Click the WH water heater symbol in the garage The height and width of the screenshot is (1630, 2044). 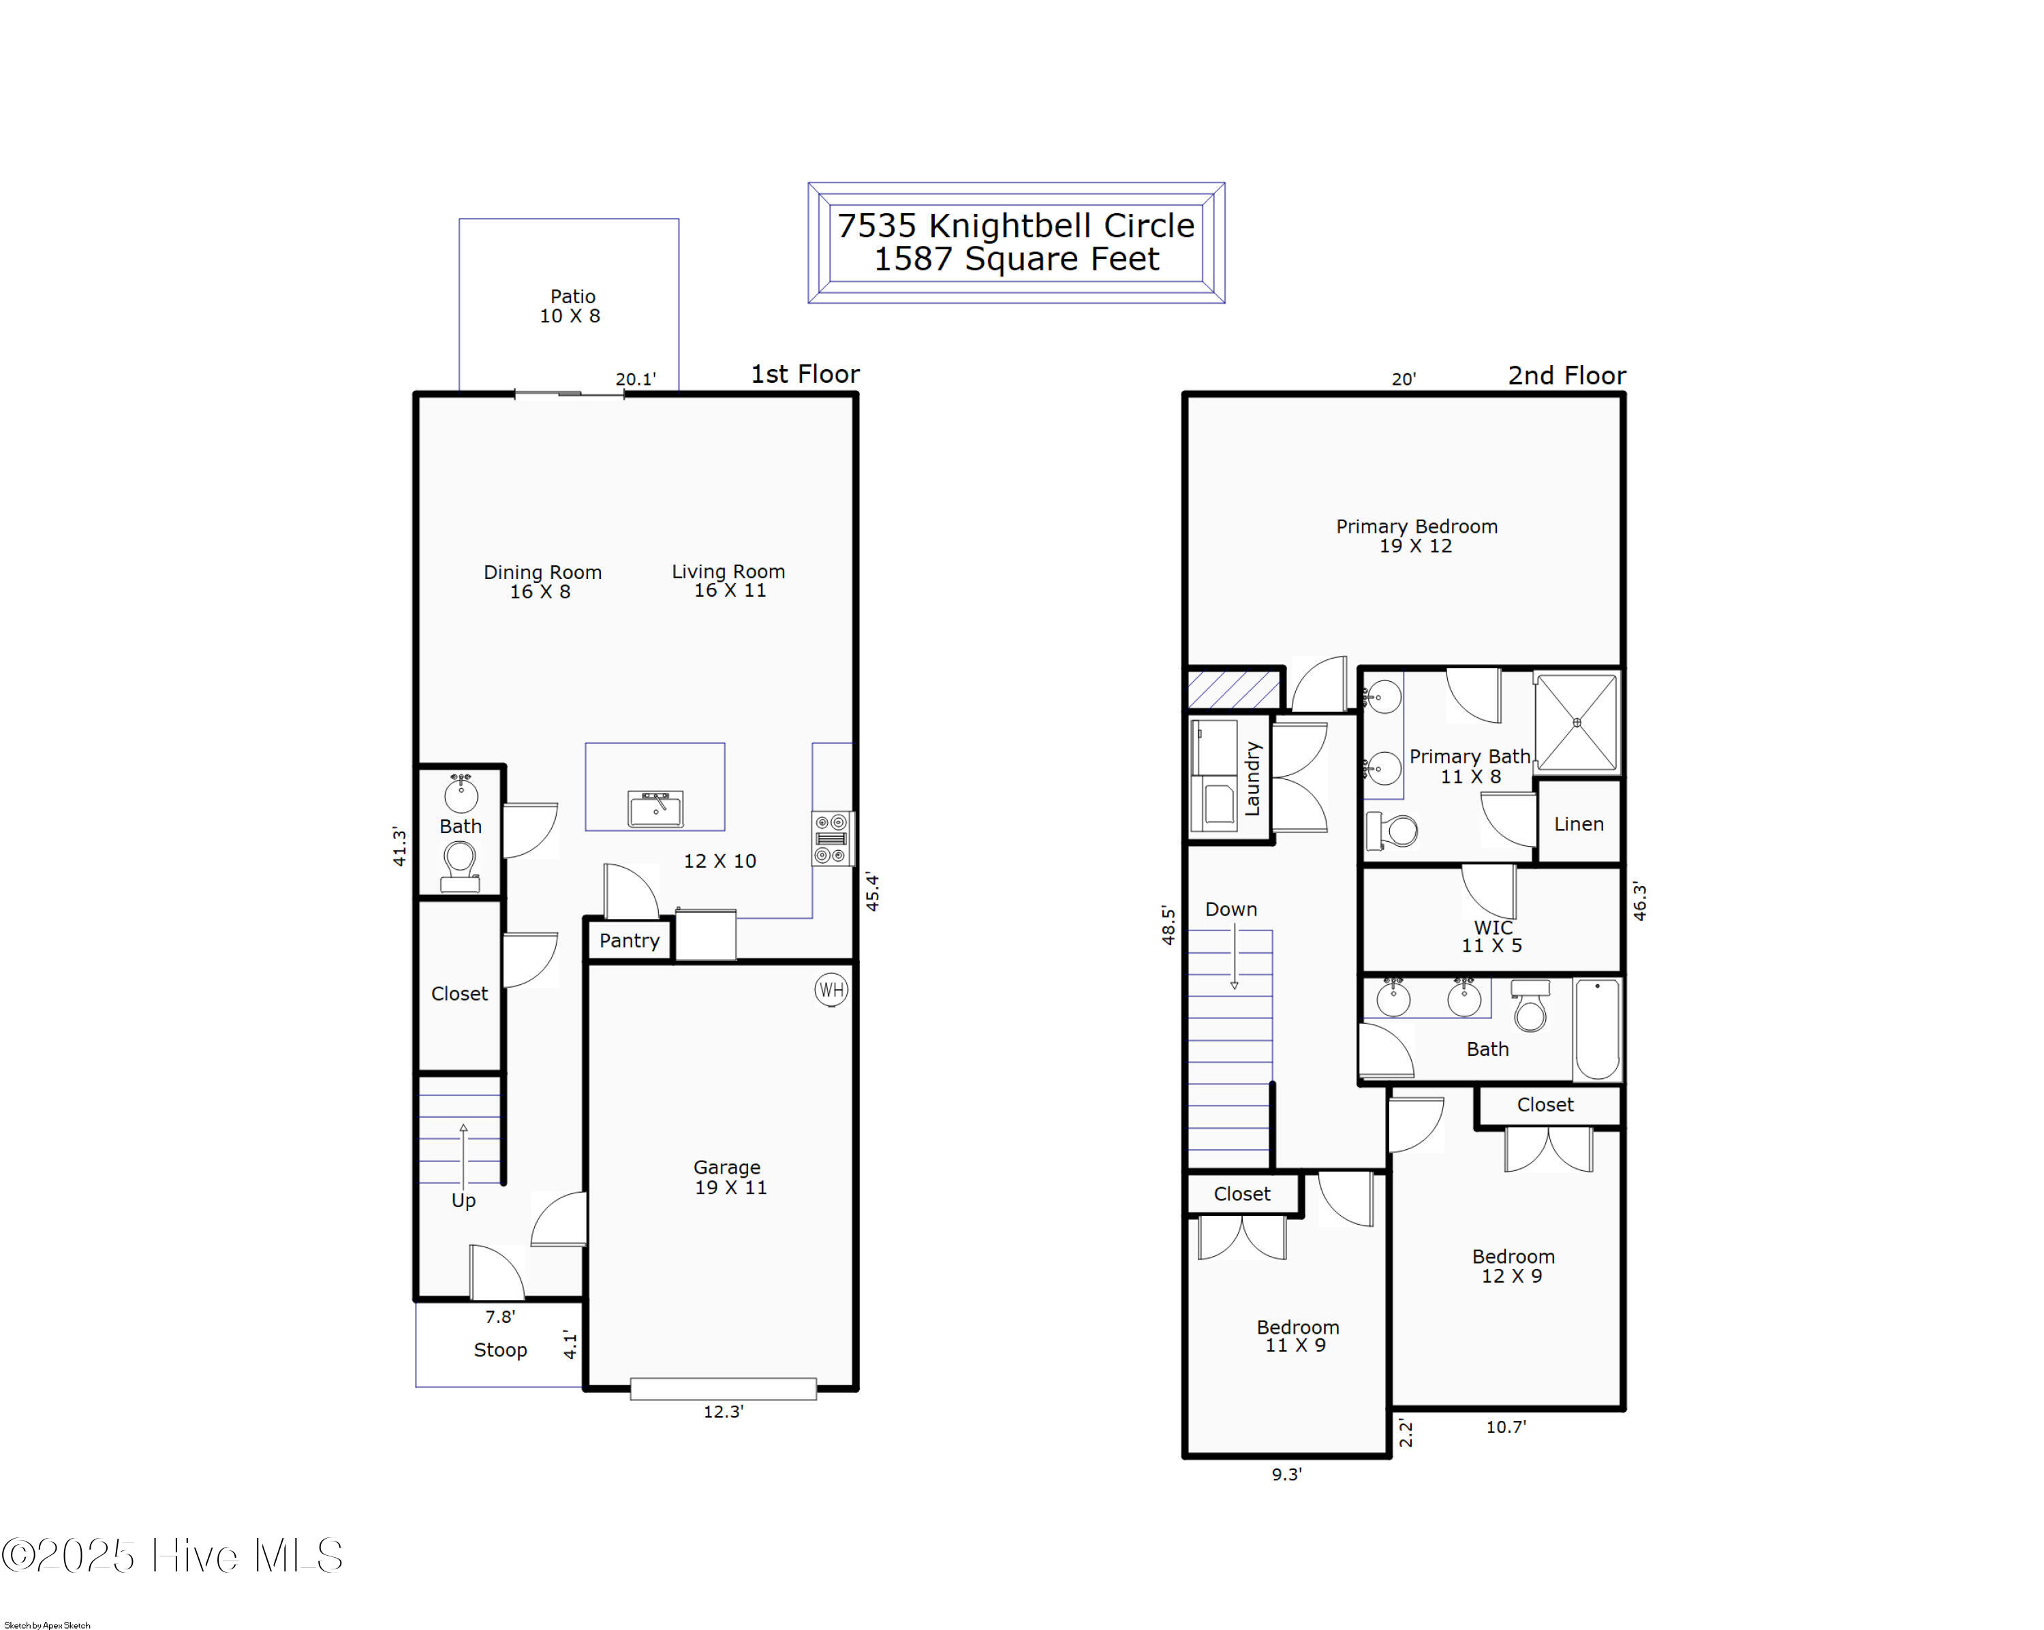click(831, 990)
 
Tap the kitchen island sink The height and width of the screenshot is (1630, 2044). click(655, 809)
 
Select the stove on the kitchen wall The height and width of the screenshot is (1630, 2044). click(831, 838)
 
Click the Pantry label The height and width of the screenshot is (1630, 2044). click(629, 940)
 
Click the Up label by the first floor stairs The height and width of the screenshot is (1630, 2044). click(463, 1201)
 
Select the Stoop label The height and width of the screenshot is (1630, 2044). click(501, 1351)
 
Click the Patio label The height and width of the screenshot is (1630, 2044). click(572, 296)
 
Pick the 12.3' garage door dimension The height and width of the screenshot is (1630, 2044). click(724, 1411)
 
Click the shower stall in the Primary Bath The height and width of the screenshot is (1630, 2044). click(1577, 722)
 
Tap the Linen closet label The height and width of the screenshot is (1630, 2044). click(1579, 824)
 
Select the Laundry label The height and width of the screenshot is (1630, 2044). click(1252, 779)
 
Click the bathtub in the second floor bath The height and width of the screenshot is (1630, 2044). click(1598, 1029)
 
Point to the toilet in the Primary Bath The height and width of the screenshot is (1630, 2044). click(1392, 831)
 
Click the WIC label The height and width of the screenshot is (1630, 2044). click(1493, 927)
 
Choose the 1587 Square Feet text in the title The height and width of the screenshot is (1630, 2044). click(1017, 259)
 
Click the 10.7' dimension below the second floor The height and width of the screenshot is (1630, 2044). click(1506, 1426)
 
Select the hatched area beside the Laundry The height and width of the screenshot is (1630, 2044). click(1233, 689)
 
